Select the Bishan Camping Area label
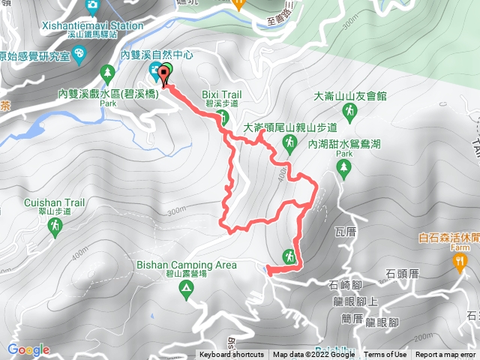click(187, 265)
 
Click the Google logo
click(28, 349)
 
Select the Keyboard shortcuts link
click(231, 355)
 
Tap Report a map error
click(447, 355)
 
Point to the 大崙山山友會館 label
click(349, 96)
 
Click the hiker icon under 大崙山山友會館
click(349, 112)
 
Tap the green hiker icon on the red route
click(289, 256)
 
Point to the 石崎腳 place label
click(346, 285)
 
